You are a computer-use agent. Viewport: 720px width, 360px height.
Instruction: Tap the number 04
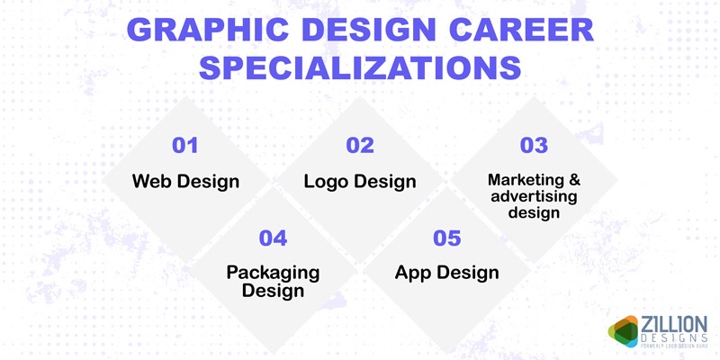tap(273, 238)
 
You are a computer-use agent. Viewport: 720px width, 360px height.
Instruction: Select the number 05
tap(446, 238)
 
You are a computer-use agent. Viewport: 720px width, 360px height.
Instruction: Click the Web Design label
tap(185, 181)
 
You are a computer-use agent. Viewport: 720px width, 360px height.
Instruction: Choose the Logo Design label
tap(360, 181)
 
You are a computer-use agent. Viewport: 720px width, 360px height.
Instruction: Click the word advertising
tap(535, 196)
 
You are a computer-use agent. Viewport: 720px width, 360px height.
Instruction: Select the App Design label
tap(446, 272)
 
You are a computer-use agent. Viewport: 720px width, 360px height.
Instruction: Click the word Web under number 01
tap(149, 181)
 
